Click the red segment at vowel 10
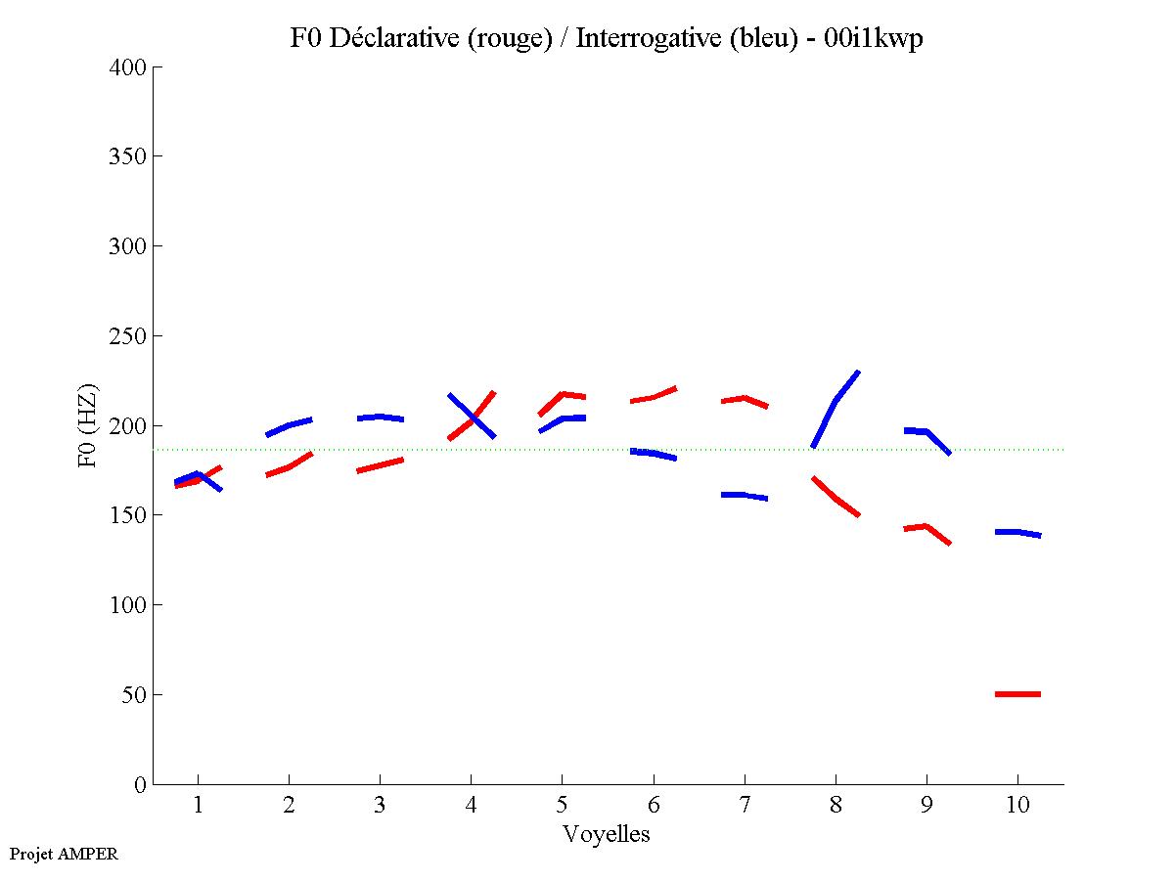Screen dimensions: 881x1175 click(1017, 694)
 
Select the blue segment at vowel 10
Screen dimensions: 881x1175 click(1017, 532)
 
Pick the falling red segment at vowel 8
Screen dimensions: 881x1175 click(836, 498)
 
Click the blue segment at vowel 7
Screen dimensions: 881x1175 click(745, 496)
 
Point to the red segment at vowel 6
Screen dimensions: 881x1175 click(654, 397)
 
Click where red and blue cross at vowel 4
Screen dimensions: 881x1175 click(473, 418)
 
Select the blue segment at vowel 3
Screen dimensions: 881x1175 click(380, 417)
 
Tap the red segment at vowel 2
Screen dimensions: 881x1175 click(289, 466)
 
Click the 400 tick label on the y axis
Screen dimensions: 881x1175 click(128, 67)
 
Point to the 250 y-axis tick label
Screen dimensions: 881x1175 click(128, 336)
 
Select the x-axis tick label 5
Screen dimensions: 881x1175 click(562, 805)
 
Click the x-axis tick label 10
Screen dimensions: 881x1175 click(1017, 805)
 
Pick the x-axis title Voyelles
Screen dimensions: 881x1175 click(607, 835)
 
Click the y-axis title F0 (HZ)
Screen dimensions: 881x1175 click(88, 425)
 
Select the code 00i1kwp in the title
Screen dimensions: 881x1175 click(875, 39)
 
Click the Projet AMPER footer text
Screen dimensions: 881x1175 click(64, 854)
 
